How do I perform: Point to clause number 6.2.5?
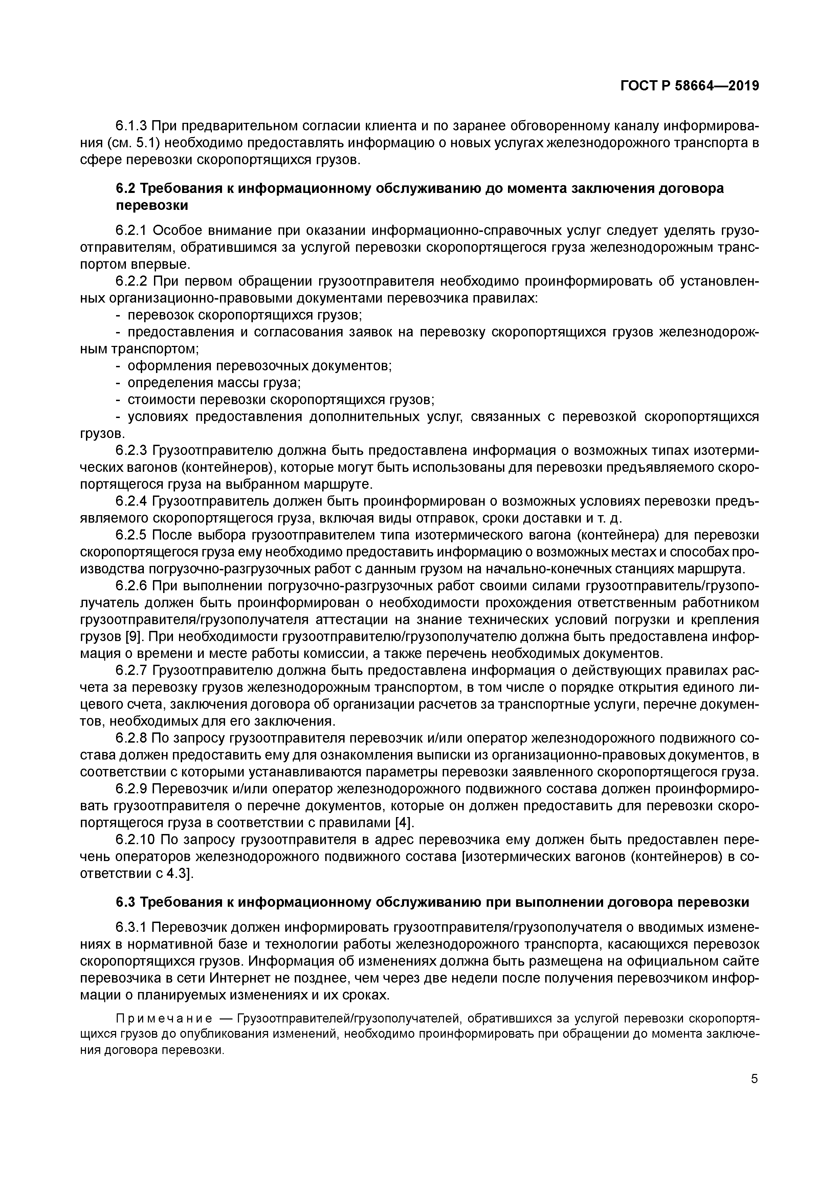(132, 535)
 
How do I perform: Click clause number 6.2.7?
(132, 671)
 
